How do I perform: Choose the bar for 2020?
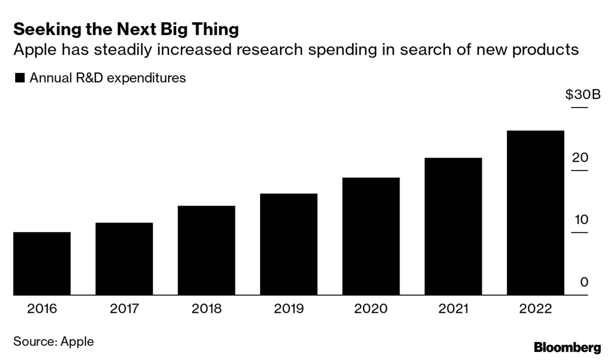pos(371,236)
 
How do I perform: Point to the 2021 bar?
pos(453,226)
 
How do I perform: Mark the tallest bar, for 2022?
pos(535,212)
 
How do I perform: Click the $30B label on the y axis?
pos(583,95)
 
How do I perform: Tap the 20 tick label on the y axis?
pos(580,158)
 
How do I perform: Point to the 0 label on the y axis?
pos(584,282)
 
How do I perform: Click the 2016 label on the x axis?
pos(42,309)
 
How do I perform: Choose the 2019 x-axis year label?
pos(289,309)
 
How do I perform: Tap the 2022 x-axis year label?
pos(535,309)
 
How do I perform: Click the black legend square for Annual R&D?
pos(20,78)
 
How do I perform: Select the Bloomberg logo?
pos(567,348)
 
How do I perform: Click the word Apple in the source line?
pos(77,341)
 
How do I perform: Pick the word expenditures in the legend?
pos(146,78)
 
